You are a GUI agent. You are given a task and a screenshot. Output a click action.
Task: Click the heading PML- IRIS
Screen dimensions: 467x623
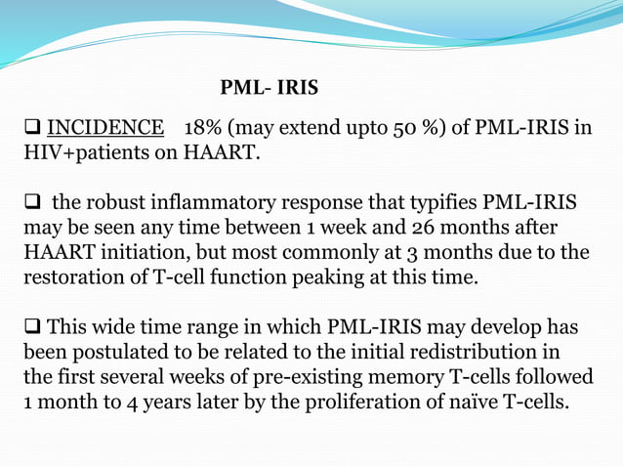(269, 88)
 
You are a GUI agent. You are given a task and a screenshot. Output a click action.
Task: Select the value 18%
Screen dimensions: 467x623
(214, 128)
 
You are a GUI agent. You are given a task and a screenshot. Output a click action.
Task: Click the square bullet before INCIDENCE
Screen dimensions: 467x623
(31, 128)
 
